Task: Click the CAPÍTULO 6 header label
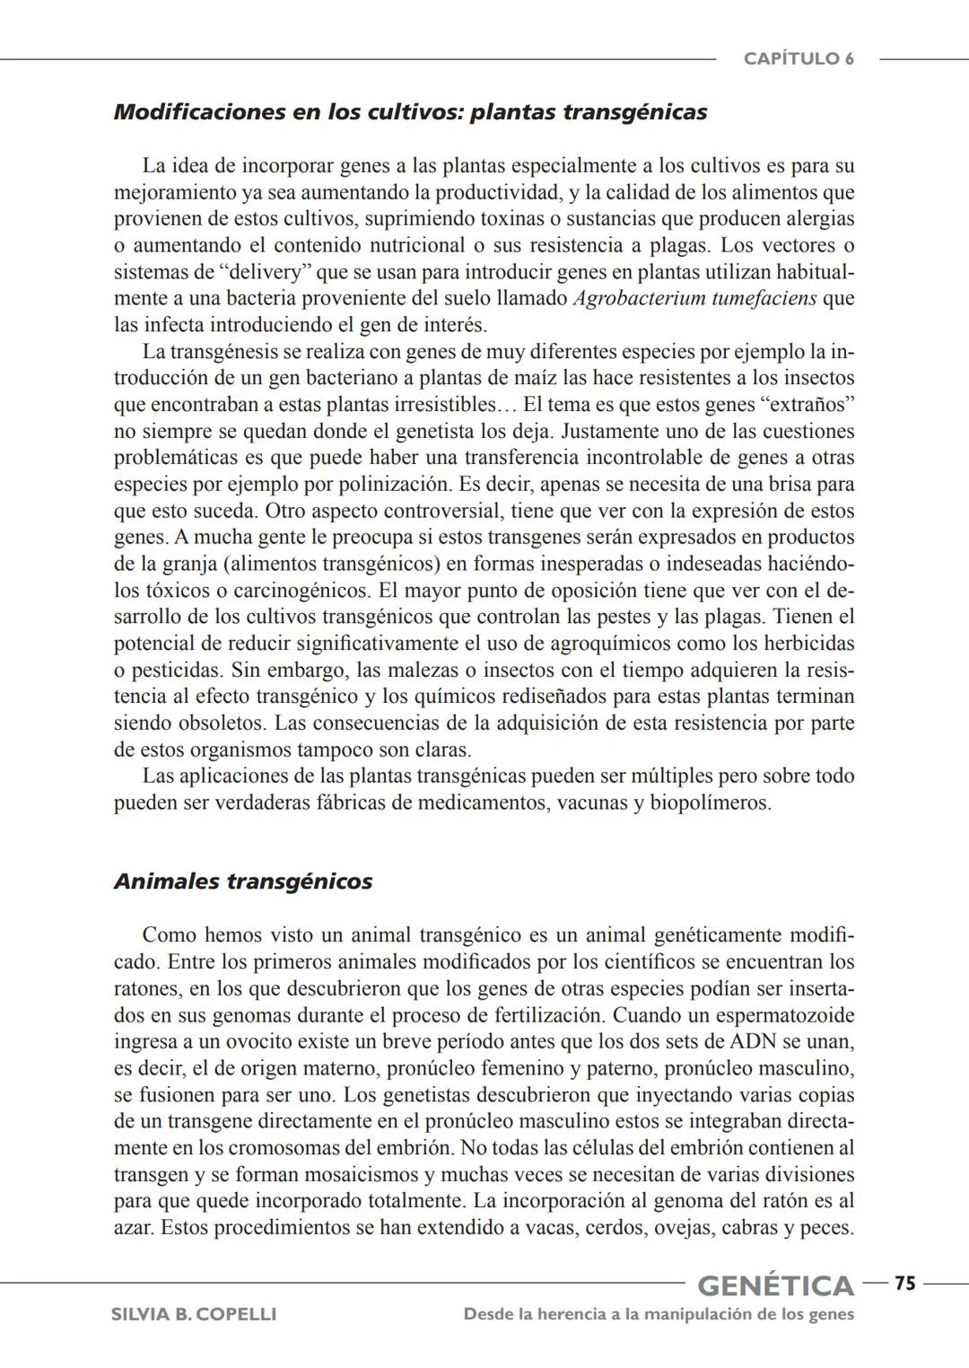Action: [798, 59]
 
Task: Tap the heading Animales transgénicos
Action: [242, 881]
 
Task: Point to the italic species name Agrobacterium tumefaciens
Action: [694, 298]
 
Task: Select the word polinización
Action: [395, 485]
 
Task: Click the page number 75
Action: [904, 1285]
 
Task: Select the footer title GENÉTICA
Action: [775, 1286]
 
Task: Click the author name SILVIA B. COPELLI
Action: [193, 1315]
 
